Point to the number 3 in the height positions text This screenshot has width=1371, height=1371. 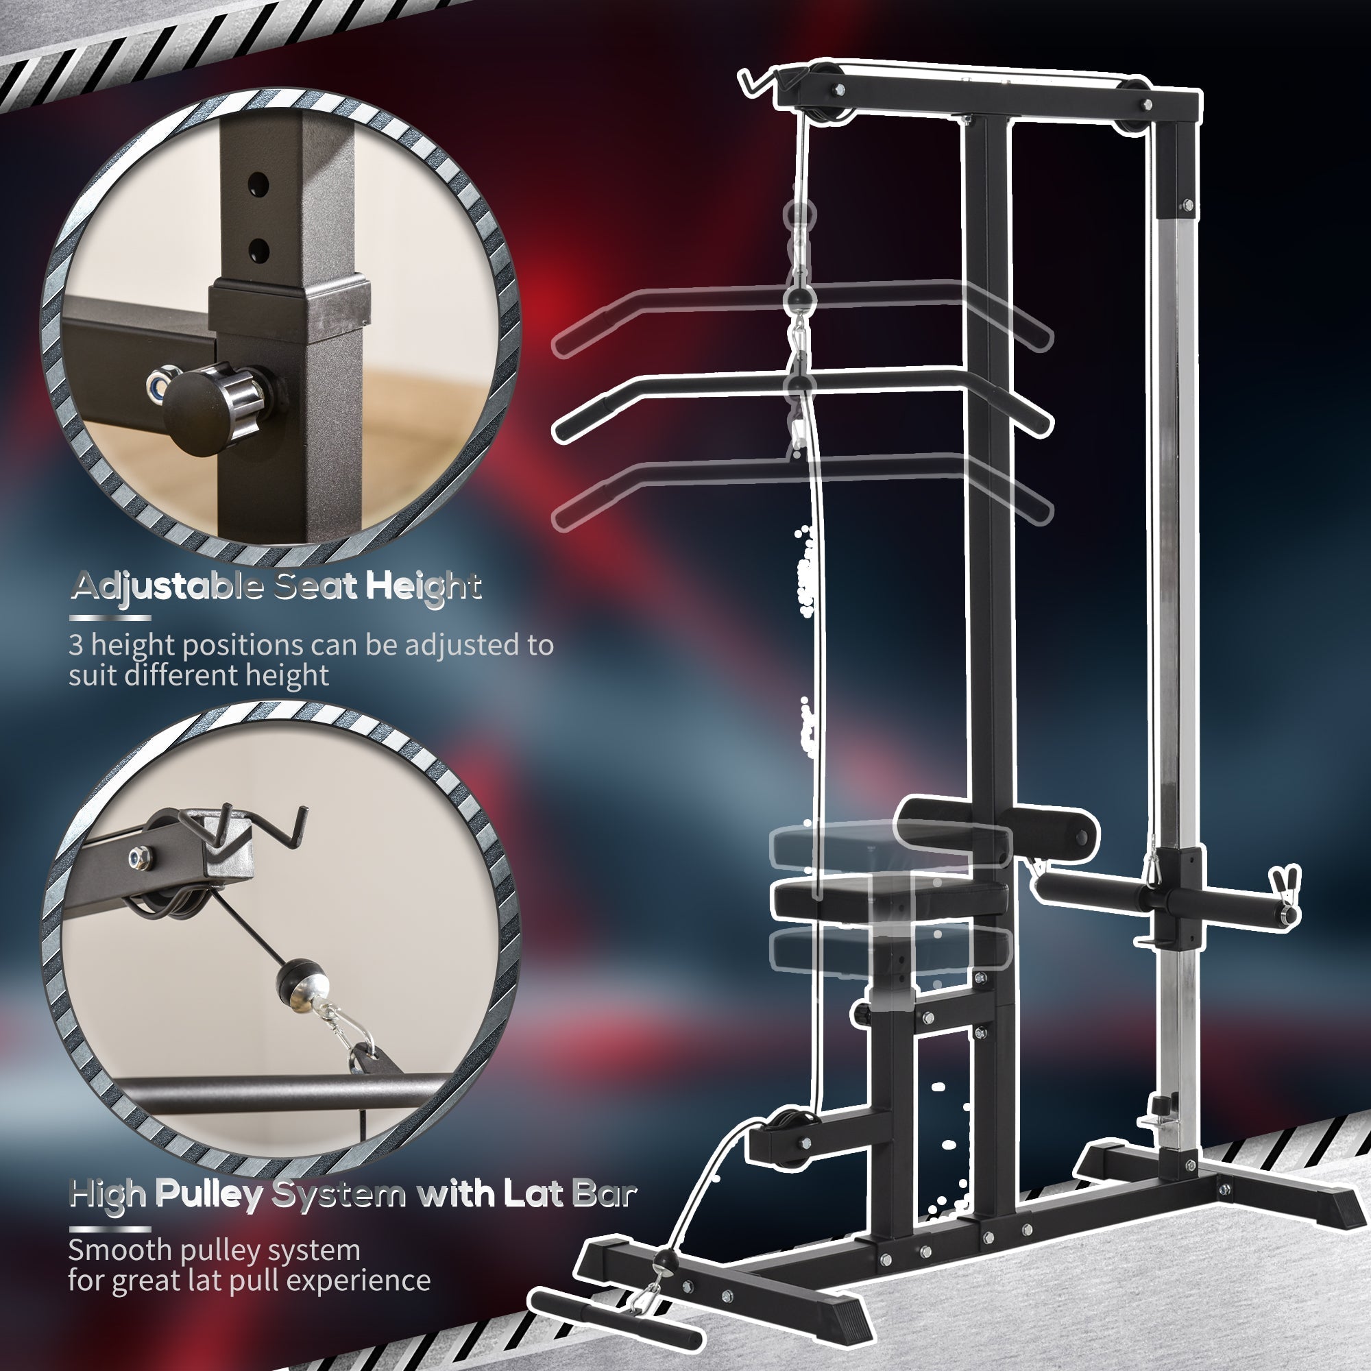75,645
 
